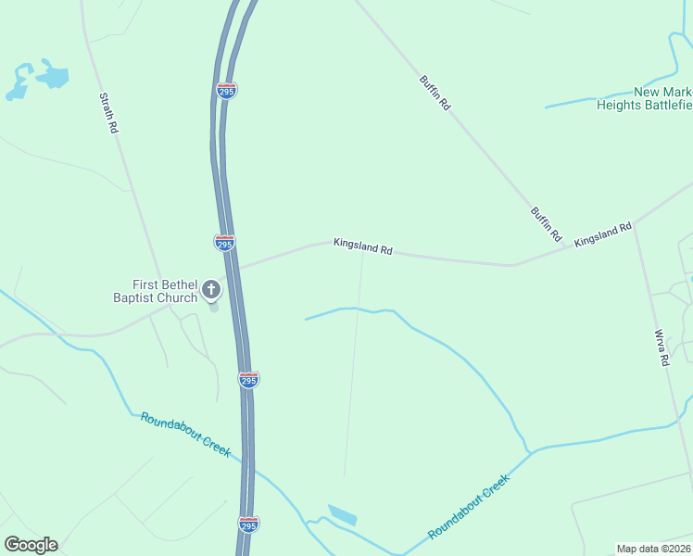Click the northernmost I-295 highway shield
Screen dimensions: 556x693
point(226,90)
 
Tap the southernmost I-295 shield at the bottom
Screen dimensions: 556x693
point(248,525)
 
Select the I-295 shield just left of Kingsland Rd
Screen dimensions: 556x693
point(224,243)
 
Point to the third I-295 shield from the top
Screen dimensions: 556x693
point(248,380)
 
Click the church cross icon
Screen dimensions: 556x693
point(211,290)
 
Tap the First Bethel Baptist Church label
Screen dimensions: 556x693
point(156,291)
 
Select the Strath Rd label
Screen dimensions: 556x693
point(107,113)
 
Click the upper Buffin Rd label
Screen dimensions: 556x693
point(435,94)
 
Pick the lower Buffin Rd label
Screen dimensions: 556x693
point(547,225)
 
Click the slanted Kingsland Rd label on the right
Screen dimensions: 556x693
point(602,234)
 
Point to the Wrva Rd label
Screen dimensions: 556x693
point(661,348)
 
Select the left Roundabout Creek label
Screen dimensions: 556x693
point(185,433)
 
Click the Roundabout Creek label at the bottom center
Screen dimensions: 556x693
point(469,508)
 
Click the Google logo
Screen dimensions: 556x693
point(31,545)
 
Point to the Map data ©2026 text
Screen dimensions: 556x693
point(653,549)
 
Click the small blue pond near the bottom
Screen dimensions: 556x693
point(342,515)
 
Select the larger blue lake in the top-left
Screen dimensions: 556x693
point(53,76)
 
